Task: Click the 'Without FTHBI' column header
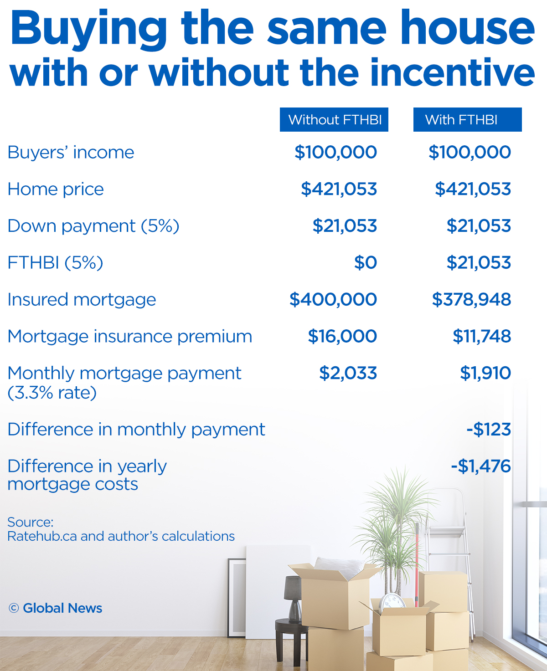click(334, 120)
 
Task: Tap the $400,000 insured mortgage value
click(333, 299)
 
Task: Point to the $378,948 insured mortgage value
click(471, 299)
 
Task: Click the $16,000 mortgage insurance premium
click(342, 336)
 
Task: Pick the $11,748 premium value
click(482, 336)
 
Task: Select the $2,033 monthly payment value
click(348, 373)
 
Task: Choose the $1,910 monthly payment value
click(485, 373)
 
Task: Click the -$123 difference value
click(489, 430)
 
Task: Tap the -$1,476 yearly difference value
click(481, 466)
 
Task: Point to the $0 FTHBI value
click(366, 262)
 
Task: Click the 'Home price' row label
click(56, 189)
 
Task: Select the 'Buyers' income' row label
click(71, 152)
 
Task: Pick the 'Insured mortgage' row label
click(82, 299)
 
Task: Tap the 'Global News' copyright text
click(62, 608)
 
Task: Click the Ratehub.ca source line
click(121, 536)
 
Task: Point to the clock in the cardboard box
click(392, 602)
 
